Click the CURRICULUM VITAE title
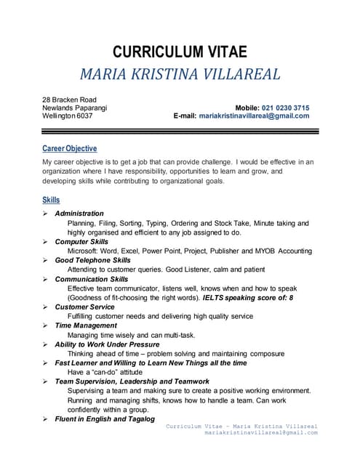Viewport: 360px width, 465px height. tap(180, 52)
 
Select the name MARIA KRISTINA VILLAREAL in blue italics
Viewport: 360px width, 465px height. tap(180, 74)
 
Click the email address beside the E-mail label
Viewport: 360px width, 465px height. tap(254, 116)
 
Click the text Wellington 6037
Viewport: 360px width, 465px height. tap(68, 116)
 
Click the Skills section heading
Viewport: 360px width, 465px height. tap(51, 199)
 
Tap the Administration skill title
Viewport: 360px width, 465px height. tap(79, 214)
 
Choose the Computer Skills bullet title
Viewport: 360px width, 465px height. tap(81, 241)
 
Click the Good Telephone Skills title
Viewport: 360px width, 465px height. tap(92, 260)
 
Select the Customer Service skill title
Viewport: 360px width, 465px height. tap(84, 307)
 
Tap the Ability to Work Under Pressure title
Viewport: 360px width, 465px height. tap(107, 344)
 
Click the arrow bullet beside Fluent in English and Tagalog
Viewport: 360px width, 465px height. tap(45, 419)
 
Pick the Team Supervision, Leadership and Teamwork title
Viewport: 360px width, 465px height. tap(132, 381)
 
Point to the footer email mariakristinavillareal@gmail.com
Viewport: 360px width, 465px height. tap(261, 432)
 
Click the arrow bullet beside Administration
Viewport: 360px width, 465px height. tap(45, 214)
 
